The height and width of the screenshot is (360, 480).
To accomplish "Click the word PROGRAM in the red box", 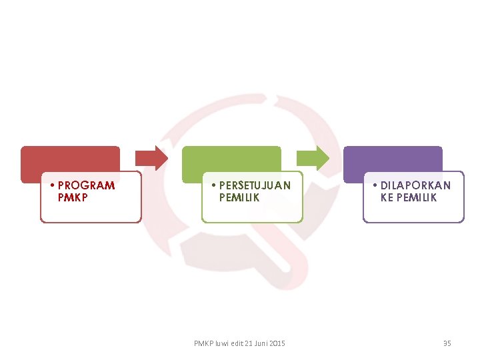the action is (86, 185).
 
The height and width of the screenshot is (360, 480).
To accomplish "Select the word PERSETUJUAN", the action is (255, 185).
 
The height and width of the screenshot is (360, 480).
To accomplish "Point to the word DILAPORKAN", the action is (415, 185).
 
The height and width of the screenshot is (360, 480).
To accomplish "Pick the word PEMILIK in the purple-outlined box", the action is (417, 197).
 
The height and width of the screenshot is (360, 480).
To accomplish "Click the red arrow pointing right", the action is (152, 158).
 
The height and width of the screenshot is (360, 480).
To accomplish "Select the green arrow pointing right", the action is (313, 158).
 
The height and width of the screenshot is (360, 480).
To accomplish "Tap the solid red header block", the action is (70, 159).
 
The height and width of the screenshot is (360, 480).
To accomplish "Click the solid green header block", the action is (231, 159).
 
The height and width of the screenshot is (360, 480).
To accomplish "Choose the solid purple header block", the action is (393, 159).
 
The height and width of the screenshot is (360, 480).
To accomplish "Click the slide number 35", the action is (447, 343).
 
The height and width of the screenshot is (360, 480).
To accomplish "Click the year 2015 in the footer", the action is (278, 343).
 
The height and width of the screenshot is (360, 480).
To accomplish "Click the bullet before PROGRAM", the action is (53, 185).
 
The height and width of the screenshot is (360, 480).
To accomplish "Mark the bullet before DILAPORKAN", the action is (376, 185).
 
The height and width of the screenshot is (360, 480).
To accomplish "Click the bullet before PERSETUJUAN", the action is (214, 185).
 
